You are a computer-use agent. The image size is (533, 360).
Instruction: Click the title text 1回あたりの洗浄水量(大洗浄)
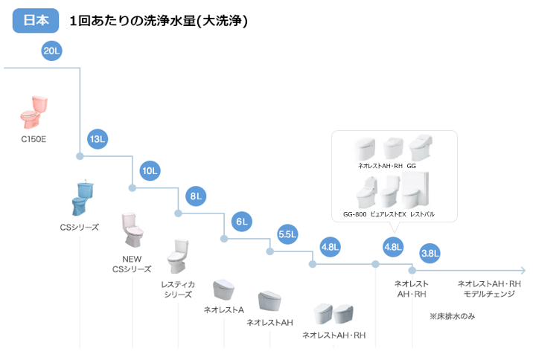(x=158, y=22)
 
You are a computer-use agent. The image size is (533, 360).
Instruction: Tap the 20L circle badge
(x=52, y=51)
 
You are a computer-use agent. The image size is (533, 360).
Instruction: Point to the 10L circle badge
(x=150, y=171)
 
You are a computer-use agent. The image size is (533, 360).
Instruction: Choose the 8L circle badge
(x=197, y=197)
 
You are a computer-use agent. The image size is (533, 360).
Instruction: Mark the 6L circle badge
(x=242, y=222)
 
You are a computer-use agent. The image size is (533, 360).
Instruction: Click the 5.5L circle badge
(x=287, y=234)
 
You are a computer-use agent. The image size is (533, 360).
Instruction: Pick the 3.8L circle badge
(x=430, y=253)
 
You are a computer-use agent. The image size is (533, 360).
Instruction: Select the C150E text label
(x=33, y=138)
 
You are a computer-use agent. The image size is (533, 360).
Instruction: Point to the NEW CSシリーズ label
(x=132, y=264)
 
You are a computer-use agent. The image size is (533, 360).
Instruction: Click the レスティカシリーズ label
(x=178, y=289)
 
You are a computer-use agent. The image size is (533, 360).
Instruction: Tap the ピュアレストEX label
(x=388, y=214)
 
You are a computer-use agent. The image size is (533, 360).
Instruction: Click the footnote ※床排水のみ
(x=452, y=316)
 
